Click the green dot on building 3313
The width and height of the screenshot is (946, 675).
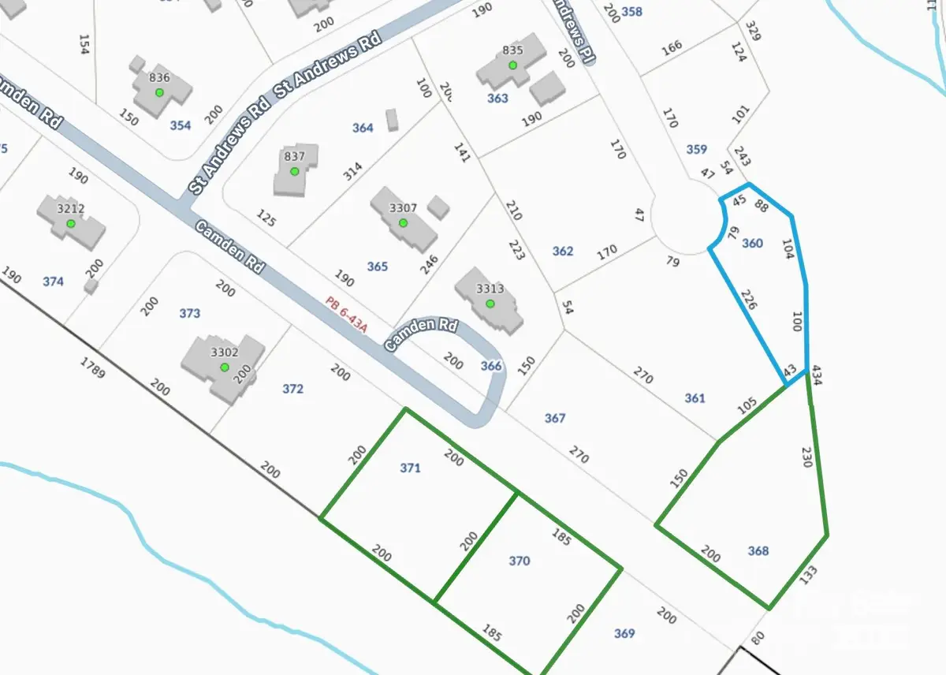[x=490, y=304]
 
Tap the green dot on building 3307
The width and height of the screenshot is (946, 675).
[x=403, y=223]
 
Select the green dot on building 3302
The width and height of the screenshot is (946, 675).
[x=225, y=367]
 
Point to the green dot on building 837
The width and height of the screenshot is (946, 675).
[x=294, y=171]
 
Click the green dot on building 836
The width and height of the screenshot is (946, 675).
[x=159, y=92]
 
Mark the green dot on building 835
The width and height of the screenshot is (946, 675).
[x=512, y=65]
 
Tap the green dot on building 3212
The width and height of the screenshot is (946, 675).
[x=71, y=224]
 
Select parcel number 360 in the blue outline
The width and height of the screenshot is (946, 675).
[x=753, y=243]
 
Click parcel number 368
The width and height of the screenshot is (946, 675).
[x=758, y=550]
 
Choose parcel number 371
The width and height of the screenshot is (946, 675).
[x=410, y=468]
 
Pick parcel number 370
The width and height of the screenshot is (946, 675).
[x=519, y=561]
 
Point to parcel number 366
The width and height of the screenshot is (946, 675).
[x=491, y=365]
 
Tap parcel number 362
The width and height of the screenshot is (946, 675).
[x=563, y=251]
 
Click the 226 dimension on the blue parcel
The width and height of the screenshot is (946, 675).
[x=749, y=303]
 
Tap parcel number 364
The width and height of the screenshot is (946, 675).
[x=363, y=128]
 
